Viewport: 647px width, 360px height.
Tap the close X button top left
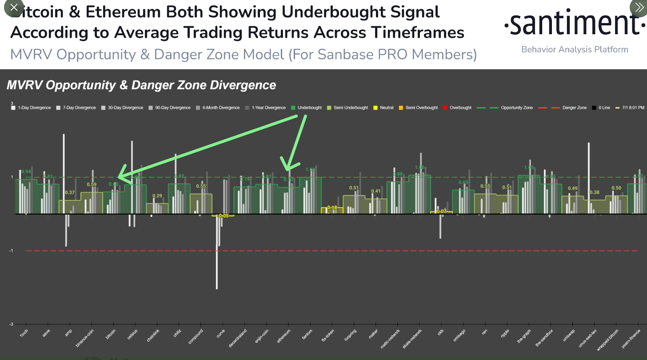click(14, 8)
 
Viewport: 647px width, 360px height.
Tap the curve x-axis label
click(220, 333)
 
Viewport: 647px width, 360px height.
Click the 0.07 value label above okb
click(441, 211)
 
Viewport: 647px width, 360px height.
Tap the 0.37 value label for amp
click(70, 192)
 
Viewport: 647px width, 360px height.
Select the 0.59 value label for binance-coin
click(92, 184)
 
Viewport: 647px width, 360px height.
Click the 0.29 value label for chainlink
click(157, 196)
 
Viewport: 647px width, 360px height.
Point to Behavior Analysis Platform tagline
click(575, 49)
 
